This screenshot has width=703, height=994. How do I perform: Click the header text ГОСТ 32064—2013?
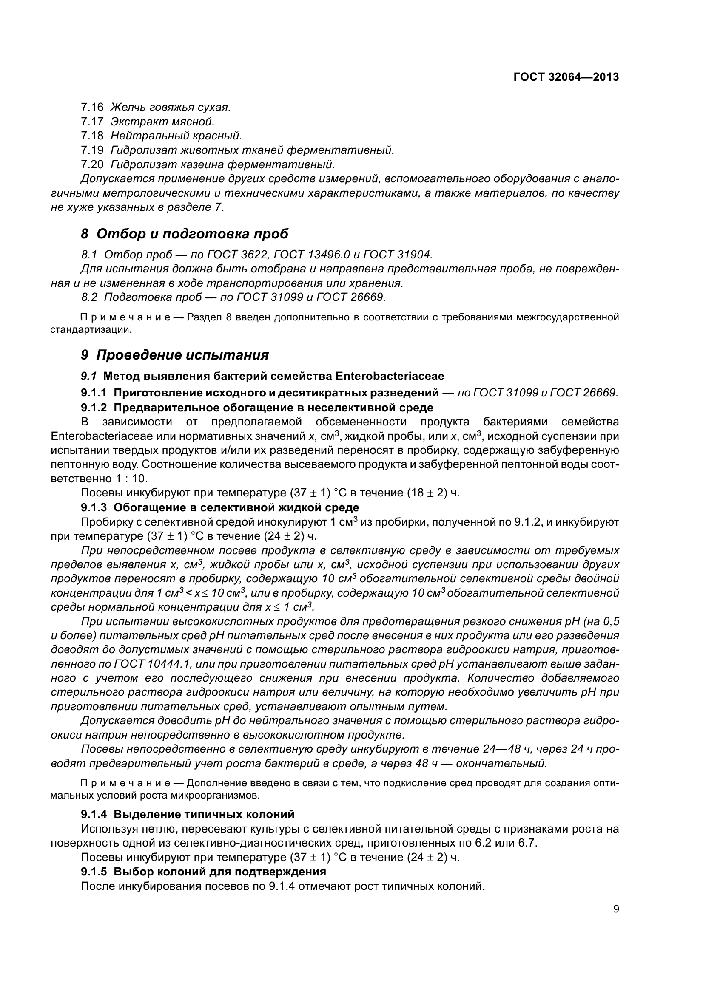click(566, 77)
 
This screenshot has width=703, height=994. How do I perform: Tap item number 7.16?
click(92, 107)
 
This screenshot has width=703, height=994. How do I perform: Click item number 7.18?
click(92, 136)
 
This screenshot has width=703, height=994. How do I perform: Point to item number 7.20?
click(92, 164)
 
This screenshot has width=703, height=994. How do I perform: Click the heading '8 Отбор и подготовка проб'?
click(185, 234)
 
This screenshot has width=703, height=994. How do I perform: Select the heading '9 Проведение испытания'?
click(174, 355)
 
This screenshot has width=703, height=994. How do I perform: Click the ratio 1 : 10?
click(131, 479)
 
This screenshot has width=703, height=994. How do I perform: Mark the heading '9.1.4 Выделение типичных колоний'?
click(188, 814)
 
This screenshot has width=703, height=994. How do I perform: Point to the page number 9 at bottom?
click(616, 909)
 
